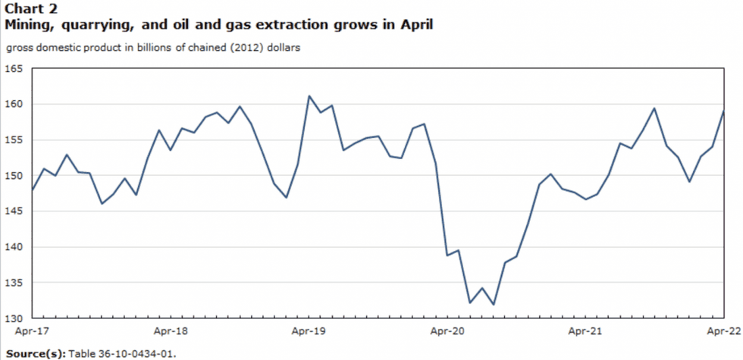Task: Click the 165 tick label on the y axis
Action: [x=14, y=68]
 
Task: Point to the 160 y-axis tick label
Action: [x=14, y=104]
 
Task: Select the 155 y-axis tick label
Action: [x=14, y=139]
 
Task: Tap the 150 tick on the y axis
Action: [x=14, y=175]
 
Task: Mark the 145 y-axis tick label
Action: [x=14, y=211]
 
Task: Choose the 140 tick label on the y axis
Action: [x=14, y=247]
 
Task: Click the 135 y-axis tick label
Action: [x=14, y=283]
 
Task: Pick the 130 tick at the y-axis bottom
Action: [x=14, y=318]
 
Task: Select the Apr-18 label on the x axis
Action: [x=170, y=331]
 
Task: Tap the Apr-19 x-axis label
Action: [x=309, y=331]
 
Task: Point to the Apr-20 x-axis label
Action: [x=447, y=331]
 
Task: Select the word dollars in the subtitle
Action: [x=283, y=48]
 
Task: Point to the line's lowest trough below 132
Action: [x=494, y=305]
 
